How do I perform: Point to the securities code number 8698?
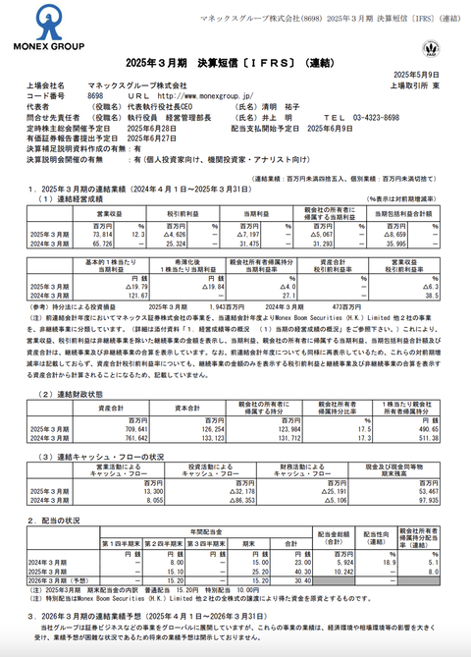(95, 96)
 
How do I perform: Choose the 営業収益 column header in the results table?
(109, 213)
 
